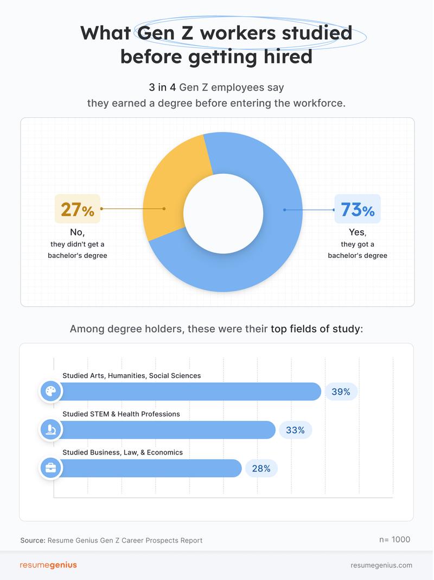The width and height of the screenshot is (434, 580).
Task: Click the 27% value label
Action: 77,209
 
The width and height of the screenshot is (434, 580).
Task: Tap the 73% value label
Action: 358,209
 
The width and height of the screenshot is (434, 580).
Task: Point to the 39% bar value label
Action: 341,392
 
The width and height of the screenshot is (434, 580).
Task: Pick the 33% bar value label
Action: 295,430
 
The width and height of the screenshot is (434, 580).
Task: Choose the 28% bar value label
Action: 261,468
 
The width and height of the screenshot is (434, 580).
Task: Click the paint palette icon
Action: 50,392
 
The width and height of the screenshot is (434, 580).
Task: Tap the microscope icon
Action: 50,430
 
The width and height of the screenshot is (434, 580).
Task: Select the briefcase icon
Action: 50,468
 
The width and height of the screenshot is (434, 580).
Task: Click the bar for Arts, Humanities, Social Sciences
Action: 190,392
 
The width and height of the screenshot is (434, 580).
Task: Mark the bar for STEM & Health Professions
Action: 168,430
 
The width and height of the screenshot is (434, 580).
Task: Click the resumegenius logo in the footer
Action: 48,565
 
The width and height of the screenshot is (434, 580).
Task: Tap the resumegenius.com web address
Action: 381,565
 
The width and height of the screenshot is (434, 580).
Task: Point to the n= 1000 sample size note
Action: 394,539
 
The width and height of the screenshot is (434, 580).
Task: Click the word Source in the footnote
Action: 33,540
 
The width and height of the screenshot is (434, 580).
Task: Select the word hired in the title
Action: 288,56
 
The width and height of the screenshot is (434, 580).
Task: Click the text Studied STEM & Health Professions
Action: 121,414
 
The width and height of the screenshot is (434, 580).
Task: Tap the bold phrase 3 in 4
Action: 166,87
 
